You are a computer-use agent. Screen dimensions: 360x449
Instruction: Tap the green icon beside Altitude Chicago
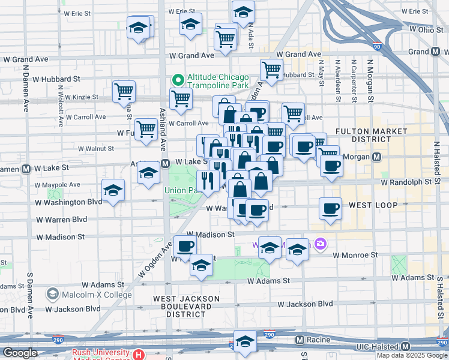pyautogui.click(x=178, y=79)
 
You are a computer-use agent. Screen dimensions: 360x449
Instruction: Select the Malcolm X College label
pyautogui.click(x=97, y=295)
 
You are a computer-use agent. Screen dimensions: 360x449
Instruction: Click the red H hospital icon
pyautogui.click(x=139, y=355)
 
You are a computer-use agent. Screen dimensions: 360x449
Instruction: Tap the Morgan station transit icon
pyautogui.click(x=376, y=157)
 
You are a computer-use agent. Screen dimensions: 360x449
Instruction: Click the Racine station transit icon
pyautogui.click(x=298, y=340)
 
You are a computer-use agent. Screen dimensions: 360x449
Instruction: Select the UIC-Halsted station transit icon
pyautogui.click(x=405, y=346)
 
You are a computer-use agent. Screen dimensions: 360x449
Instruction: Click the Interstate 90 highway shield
pyautogui.click(x=376, y=46)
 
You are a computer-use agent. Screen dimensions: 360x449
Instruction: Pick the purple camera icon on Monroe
pyautogui.click(x=321, y=243)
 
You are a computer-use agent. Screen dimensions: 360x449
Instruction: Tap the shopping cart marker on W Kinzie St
pyautogui.click(x=124, y=91)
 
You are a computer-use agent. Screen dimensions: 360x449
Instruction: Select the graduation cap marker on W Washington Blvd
pyautogui.click(x=113, y=191)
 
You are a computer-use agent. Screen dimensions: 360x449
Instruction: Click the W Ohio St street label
pyautogui.click(x=410, y=29)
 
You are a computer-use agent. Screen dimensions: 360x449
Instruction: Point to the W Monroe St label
pyautogui.click(x=355, y=254)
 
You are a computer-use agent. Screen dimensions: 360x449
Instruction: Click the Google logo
pyautogui.click(x=20, y=352)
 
